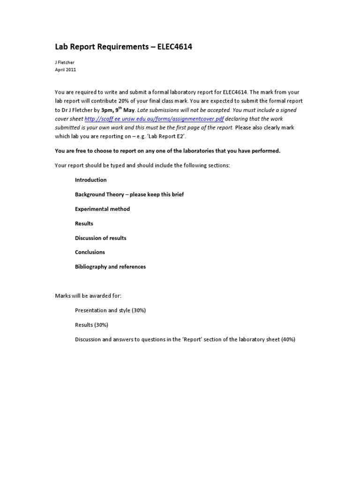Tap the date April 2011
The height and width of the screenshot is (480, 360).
(x=65, y=70)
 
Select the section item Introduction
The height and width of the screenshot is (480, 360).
(x=90, y=180)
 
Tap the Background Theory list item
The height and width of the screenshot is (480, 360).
(x=129, y=195)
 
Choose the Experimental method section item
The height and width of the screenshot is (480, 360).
(x=102, y=209)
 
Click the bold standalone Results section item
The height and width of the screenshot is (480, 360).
(x=84, y=224)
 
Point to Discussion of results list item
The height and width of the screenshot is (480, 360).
(x=100, y=238)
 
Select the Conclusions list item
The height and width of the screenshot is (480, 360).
(x=90, y=252)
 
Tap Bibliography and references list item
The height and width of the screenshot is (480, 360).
(x=110, y=267)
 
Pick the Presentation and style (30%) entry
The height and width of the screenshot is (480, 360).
(x=110, y=310)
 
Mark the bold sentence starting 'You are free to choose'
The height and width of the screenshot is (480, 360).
(x=167, y=151)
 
